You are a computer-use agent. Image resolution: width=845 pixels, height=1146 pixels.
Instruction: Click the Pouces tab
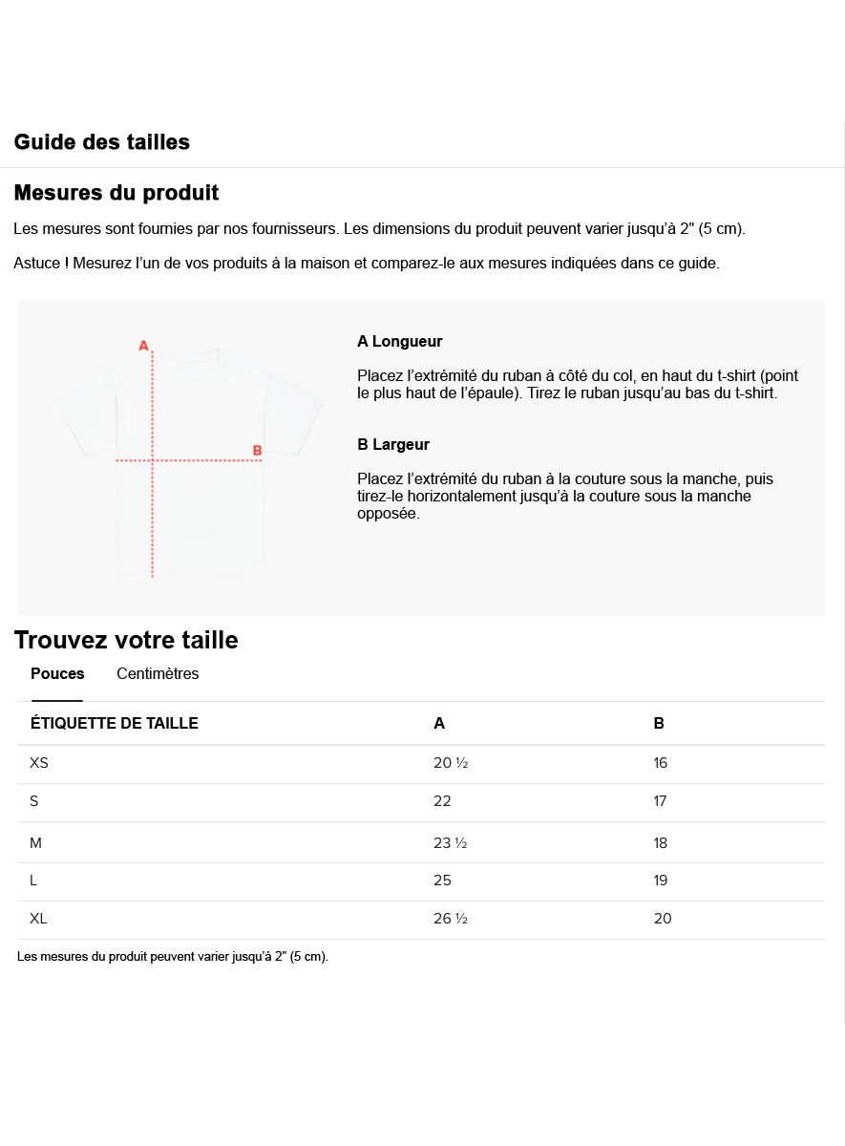click(57, 674)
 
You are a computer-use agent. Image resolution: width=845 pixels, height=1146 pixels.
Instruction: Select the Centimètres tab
click(158, 674)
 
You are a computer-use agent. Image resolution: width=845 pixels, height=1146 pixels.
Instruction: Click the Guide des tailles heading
click(101, 142)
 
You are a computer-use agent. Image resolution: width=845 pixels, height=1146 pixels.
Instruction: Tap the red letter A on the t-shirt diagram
click(143, 346)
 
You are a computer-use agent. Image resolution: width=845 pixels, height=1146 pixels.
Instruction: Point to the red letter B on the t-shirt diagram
click(257, 451)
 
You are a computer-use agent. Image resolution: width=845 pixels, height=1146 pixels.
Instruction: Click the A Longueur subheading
click(399, 342)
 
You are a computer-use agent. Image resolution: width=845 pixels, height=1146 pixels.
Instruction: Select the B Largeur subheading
click(393, 445)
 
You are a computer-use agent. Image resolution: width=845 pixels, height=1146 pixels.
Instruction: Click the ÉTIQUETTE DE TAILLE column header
click(115, 724)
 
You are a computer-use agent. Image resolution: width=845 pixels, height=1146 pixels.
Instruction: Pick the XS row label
click(39, 763)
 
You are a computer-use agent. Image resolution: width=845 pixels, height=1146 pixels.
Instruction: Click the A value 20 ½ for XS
click(450, 763)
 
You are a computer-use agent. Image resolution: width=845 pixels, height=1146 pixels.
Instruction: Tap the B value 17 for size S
click(660, 801)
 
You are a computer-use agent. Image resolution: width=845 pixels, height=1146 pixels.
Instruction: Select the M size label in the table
click(36, 843)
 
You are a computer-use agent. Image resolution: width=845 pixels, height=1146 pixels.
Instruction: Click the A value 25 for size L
click(442, 881)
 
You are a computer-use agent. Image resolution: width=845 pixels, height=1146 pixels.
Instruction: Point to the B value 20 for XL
click(663, 919)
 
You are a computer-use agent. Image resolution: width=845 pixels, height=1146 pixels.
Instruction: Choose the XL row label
click(38, 919)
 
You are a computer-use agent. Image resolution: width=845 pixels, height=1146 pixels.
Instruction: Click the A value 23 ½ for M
click(450, 843)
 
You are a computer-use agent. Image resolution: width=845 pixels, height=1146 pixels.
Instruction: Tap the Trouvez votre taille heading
click(126, 640)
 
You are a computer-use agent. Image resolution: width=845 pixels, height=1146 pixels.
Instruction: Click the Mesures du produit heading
click(116, 193)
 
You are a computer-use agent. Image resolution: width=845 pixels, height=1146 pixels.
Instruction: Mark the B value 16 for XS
click(660, 763)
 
